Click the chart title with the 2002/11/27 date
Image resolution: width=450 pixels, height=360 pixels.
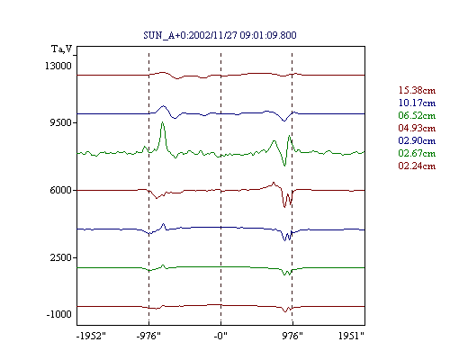tap(220, 35)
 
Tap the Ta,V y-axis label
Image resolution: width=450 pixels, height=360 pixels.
tap(62, 49)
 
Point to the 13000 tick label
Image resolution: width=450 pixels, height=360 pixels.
tap(58, 66)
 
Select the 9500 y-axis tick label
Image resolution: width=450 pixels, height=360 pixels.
tap(60, 122)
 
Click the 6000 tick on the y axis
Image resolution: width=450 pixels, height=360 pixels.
tap(60, 190)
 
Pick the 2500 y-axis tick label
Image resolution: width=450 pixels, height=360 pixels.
tap(60, 257)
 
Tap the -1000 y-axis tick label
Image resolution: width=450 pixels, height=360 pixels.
tap(58, 314)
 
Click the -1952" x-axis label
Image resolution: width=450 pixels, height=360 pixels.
tap(91, 336)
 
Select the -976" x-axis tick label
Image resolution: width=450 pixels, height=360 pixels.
tap(148, 336)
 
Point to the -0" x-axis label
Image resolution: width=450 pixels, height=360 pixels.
tap(220, 336)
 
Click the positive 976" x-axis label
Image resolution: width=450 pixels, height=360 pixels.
tap(292, 336)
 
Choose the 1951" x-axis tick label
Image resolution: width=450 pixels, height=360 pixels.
tap(351, 336)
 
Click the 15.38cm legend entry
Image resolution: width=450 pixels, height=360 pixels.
tap(417, 90)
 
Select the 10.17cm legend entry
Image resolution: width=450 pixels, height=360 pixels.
tap(417, 103)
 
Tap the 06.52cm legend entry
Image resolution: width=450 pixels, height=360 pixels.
tap(417, 115)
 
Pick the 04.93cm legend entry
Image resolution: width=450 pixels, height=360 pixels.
tap(417, 128)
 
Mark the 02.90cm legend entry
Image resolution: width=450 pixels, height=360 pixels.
tap(417, 140)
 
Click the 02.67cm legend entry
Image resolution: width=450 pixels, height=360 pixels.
tap(417, 153)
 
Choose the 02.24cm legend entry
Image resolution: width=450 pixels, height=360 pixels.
tap(417, 166)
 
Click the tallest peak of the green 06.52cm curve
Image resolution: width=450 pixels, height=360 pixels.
tap(162, 122)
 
